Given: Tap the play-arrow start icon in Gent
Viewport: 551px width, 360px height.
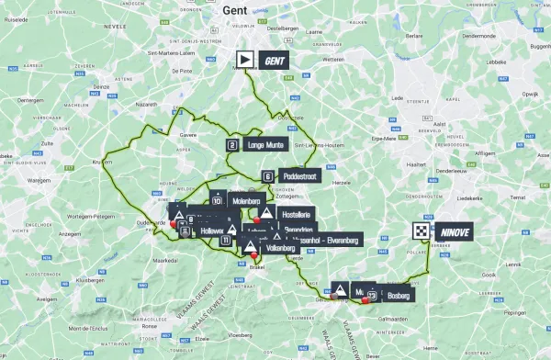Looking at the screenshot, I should point(245,61).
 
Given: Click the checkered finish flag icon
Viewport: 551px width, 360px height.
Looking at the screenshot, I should point(421,232).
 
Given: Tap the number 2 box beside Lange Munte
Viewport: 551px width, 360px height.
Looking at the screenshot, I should point(232,145).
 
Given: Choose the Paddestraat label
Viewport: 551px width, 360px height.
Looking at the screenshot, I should point(298,176).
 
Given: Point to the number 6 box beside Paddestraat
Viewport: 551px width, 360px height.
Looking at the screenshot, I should point(267,176).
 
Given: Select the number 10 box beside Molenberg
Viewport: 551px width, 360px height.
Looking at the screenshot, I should point(218,199).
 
